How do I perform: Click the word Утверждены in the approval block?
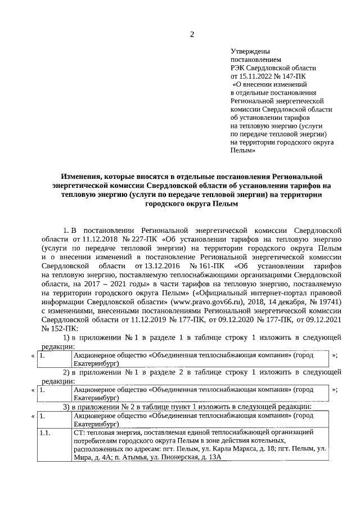(x=248, y=51)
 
